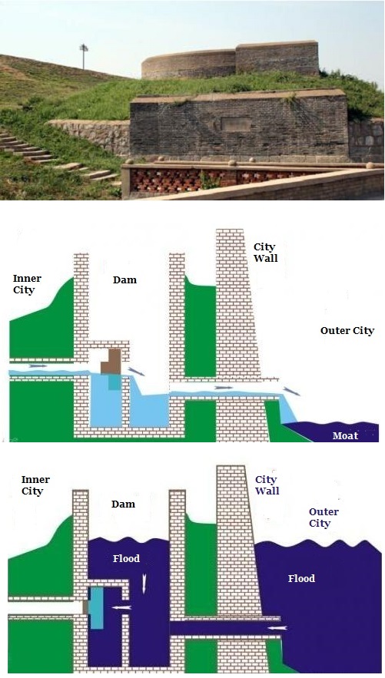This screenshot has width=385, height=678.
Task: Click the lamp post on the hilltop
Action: tap(84, 56)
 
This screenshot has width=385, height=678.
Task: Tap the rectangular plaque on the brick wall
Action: tap(236, 124)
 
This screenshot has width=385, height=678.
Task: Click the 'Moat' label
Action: tap(345, 435)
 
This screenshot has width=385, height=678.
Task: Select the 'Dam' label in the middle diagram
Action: tap(124, 279)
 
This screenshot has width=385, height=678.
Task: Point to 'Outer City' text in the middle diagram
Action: tap(347, 331)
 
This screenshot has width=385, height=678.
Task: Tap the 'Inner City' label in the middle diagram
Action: tap(27, 284)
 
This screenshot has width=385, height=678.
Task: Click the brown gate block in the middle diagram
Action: tap(111, 362)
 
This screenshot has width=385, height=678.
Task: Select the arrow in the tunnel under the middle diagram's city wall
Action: tap(223, 388)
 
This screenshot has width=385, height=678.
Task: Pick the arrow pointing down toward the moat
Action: tap(292, 392)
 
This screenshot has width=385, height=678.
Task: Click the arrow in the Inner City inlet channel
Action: tap(38, 365)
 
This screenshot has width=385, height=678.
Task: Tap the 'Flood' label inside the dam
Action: tap(126, 559)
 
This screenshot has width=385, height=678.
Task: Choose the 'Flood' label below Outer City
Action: tap(301, 578)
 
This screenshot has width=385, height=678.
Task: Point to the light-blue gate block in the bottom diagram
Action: tap(97, 608)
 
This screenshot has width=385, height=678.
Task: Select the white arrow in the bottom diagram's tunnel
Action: tap(277, 628)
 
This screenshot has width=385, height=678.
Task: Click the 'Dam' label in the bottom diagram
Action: tap(123, 504)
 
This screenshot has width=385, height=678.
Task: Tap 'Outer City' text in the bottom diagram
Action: tap(324, 518)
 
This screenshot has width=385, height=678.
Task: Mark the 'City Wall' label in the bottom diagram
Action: tap(267, 485)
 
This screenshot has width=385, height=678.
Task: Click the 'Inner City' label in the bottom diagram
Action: tap(35, 485)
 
